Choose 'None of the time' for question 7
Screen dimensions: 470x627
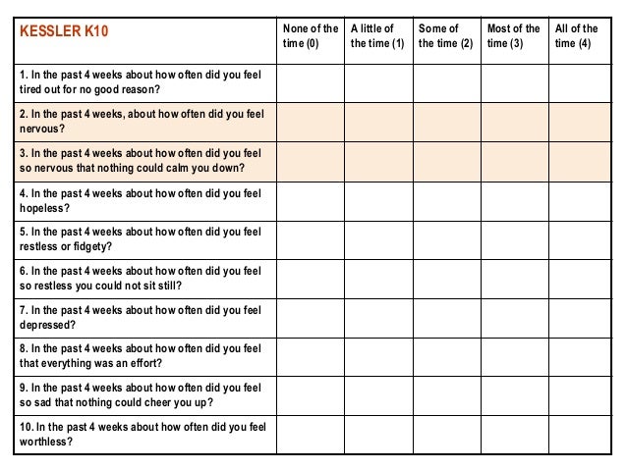pyautogui.click(x=310, y=317)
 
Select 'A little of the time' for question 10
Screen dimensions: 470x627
pyautogui.click(x=377, y=434)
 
